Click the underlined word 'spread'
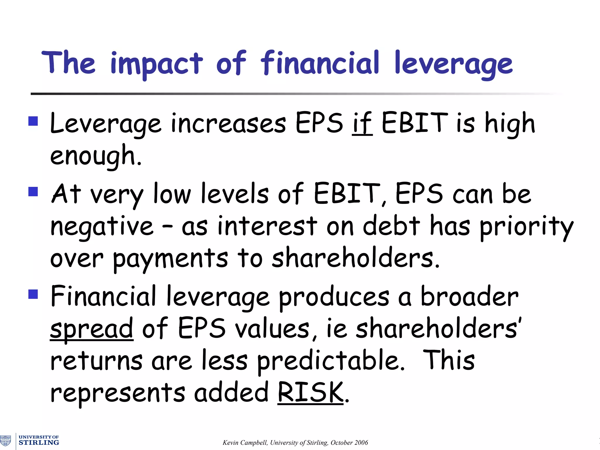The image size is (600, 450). click(92, 329)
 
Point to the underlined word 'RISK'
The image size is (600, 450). click(310, 393)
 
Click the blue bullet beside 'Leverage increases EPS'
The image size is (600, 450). click(33, 121)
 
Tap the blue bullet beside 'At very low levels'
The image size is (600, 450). click(33, 192)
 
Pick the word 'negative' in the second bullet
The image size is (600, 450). click(102, 227)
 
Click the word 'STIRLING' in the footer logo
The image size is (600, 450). click(39, 442)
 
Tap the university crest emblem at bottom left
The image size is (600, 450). click(6, 440)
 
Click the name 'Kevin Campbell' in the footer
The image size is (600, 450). click(245, 443)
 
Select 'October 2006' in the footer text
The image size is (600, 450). click(349, 443)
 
